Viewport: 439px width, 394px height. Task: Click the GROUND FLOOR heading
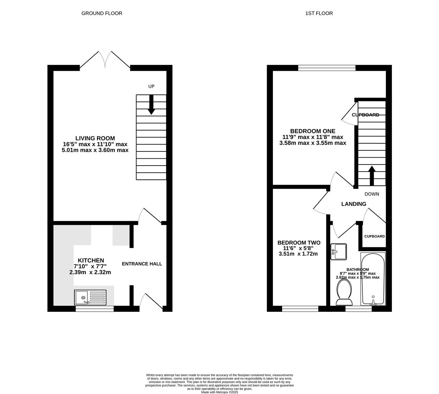coord(101,13)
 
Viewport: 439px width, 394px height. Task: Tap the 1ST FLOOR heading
coord(319,13)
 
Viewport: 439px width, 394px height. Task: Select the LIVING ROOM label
coord(95,138)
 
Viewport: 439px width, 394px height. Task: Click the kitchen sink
coord(90,297)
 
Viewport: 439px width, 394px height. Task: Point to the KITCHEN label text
coord(91,260)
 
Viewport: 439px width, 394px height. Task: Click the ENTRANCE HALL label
coord(142,264)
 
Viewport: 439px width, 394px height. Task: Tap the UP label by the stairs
coord(151,86)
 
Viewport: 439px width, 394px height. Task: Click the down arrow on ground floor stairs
coord(151,105)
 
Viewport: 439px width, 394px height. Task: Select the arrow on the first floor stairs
coord(372,176)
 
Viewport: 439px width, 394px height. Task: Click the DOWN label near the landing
coord(372,194)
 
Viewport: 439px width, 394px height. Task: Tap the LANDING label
coord(354,204)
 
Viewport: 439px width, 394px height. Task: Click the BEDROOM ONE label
coord(313,131)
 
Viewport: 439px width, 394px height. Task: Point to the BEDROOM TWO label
coord(299,243)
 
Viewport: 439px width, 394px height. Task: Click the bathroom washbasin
coord(338,252)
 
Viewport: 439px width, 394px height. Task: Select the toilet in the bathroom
coord(344,292)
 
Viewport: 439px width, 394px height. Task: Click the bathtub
coord(373,279)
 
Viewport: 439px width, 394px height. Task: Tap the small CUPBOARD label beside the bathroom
coord(374,236)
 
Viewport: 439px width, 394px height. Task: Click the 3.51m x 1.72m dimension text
coord(298,254)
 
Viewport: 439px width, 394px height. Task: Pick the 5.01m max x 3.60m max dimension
coord(95,150)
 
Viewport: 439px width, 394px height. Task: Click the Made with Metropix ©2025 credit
coord(220,392)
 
